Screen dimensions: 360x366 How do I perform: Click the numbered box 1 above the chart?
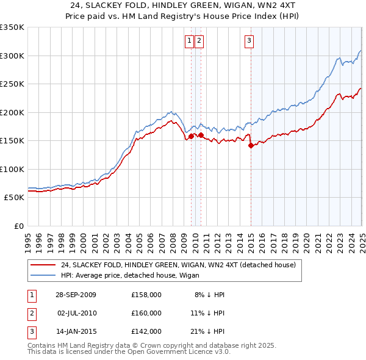point(190,41)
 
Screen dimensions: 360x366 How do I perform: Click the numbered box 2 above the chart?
point(199,41)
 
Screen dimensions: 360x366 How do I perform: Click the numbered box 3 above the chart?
point(249,41)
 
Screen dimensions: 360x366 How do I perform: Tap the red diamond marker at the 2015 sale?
point(251,145)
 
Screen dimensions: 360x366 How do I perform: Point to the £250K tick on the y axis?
point(13,84)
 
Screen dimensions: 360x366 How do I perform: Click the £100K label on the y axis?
point(13,169)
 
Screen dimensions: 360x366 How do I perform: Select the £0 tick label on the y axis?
point(18,226)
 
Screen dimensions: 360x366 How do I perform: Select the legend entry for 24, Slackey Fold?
point(178,265)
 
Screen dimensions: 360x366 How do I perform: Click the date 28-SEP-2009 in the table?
point(76,295)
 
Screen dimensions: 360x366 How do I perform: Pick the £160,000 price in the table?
point(146,313)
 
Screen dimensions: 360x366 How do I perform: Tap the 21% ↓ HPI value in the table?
point(209,332)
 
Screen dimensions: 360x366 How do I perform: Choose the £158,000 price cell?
point(146,295)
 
